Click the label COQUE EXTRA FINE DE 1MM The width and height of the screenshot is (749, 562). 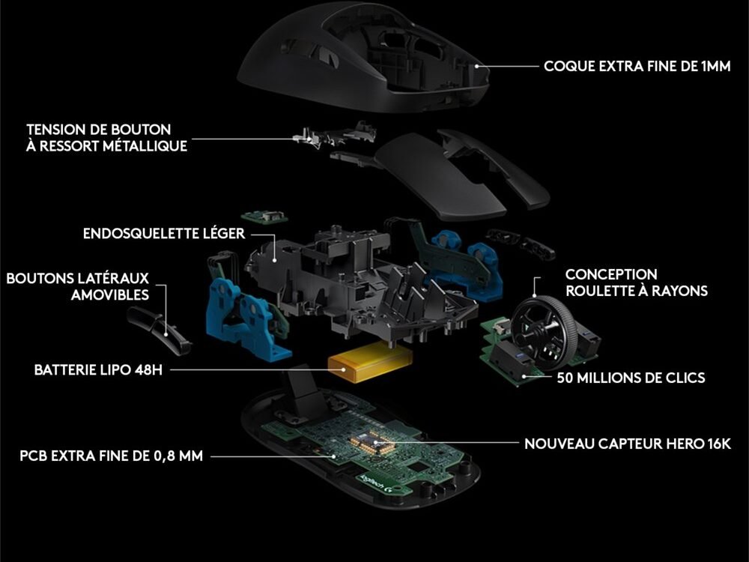(637, 66)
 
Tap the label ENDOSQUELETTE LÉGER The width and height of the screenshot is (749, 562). (164, 234)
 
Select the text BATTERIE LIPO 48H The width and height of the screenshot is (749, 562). (98, 370)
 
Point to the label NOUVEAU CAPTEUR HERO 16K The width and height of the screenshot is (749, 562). (628, 444)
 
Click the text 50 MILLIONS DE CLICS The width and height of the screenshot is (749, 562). (631, 378)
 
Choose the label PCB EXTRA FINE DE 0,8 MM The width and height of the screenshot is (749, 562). (112, 456)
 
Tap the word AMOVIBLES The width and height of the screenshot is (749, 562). (110, 294)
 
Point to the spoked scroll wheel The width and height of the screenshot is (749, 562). (542, 327)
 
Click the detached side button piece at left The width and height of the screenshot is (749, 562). (159, 330)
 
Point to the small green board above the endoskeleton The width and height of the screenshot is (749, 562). (264, 217)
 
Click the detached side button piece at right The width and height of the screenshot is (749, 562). (521, 244)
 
